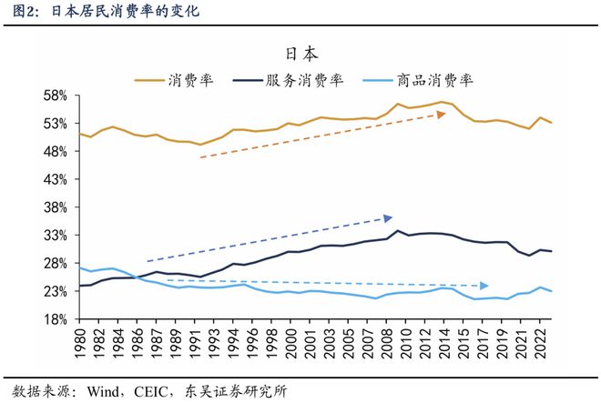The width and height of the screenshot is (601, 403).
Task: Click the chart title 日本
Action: tap(300, 54)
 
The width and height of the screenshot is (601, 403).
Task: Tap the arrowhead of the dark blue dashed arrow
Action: tap(388, 217)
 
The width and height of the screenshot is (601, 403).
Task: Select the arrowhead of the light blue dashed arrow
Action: tap(484, 286)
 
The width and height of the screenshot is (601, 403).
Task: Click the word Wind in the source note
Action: tap(105, 392)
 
